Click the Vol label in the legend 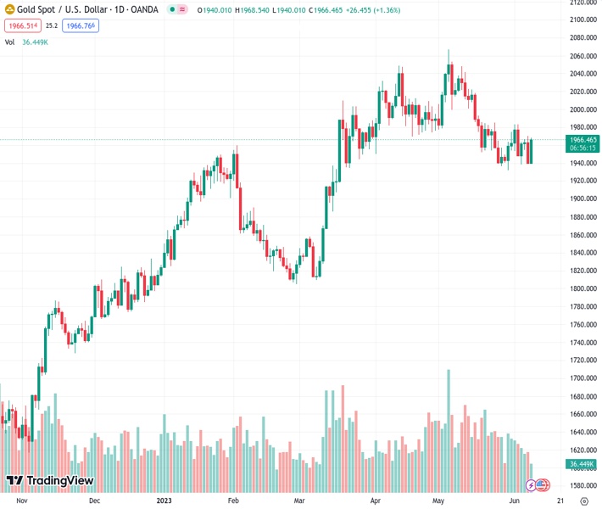tap(9, 42)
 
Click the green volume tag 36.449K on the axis tap(582, 464)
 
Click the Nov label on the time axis tap(23, 501)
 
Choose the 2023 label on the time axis tap(164, 501)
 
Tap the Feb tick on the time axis tap(234, 501)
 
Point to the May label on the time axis tap(438, 501)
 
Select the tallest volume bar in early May tap(449, 424)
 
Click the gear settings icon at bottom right tap(584, 501)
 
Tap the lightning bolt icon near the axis tap(531, 485)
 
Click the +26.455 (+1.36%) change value tap(371, 10)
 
